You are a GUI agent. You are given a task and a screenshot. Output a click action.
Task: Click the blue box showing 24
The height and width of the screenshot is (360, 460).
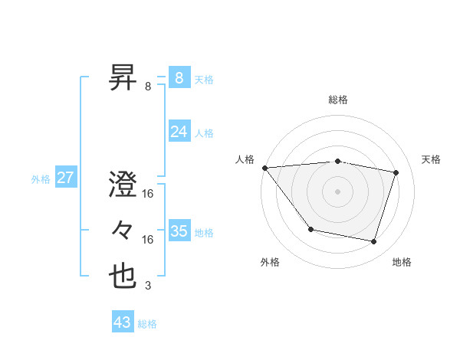(x=179, y=132)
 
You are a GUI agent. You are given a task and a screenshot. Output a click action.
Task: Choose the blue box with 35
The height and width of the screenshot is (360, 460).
(x=179, y=231)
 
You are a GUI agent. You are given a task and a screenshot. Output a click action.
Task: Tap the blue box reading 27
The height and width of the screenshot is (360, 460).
(x=65, y=178)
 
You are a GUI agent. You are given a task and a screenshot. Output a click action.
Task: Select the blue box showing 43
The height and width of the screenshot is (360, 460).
(x=122, y=322)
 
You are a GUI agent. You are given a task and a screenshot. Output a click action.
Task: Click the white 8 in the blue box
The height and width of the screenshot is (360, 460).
(x=179, y=77)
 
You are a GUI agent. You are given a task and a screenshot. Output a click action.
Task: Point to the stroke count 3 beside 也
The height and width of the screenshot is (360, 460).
(x=148, y=286)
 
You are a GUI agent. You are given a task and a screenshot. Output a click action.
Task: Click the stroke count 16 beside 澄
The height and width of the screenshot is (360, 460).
(x=148, y=194)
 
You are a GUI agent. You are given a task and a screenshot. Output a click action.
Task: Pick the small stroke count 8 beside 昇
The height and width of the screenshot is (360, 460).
(x=148, y=87)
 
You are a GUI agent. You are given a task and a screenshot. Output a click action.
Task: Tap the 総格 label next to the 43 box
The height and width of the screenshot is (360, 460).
(x=147, y=324)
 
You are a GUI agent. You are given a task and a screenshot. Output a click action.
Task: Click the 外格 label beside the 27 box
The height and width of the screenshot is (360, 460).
(x=41, y=179)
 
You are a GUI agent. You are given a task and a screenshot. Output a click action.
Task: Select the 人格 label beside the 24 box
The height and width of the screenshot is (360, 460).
(x=204, y=133)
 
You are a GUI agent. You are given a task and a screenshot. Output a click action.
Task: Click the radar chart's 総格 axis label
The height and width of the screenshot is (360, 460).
(x=337, y=100)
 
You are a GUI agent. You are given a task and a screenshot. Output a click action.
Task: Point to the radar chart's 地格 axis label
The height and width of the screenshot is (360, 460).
(x=402, y=262)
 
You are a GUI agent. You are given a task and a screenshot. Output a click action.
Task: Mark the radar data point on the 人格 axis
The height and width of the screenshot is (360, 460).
(x=264, y=168)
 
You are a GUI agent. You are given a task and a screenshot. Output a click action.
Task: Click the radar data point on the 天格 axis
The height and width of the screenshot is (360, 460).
(x=396, y=172)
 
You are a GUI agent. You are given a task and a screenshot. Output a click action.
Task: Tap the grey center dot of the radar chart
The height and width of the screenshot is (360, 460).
(x=337, y=191)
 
